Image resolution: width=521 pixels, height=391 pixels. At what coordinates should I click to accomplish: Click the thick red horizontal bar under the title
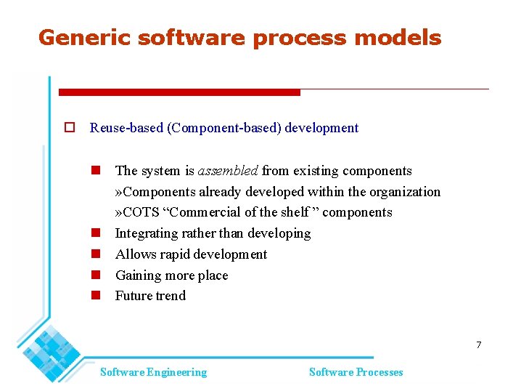179,92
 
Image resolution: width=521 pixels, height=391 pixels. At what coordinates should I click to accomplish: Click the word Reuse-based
126,128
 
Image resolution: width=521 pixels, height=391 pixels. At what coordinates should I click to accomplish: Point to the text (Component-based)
224,128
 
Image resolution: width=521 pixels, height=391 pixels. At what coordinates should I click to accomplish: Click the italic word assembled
228,171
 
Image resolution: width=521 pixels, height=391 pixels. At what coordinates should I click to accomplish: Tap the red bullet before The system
95,171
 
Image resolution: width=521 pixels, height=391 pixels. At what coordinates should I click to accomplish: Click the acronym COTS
141,212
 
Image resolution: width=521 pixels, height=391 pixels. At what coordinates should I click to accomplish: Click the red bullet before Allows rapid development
95,254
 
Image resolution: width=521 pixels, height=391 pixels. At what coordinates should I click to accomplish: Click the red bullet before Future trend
95,296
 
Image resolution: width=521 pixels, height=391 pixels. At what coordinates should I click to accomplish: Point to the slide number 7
478,344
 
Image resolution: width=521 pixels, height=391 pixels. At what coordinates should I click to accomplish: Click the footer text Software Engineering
153,372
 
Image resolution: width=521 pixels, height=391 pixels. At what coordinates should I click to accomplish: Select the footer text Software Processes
356,372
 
